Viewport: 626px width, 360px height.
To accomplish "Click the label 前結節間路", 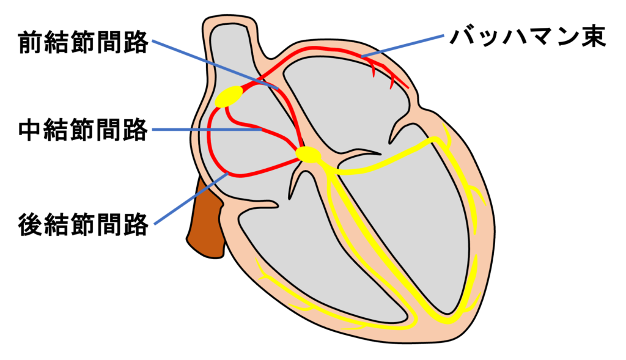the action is coord(83,43).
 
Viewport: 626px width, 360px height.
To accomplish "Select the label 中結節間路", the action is coord(83,130).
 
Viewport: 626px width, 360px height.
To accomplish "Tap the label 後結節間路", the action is coord(83,224).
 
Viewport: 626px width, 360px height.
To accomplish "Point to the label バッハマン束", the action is coord(528,37).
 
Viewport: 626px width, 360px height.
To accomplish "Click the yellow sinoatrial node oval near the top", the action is coord(229,97).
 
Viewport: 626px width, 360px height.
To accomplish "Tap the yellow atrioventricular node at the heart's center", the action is coord(308,155).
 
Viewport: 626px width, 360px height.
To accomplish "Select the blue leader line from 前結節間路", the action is coord(215,64).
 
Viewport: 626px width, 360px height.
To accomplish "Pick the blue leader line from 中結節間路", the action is coord(207,130).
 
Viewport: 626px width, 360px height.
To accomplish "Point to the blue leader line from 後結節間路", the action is coord(191,198).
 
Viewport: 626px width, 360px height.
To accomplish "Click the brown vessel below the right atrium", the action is coord(205,219).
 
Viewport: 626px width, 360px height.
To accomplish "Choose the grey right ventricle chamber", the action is coord(315,255).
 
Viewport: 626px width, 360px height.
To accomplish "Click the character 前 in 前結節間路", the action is coord(31,43).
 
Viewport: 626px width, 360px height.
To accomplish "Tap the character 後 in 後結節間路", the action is coord(31,224).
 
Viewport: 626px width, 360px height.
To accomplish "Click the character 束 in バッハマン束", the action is coord(594,37).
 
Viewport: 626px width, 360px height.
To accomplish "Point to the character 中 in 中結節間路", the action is coord(31,130).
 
